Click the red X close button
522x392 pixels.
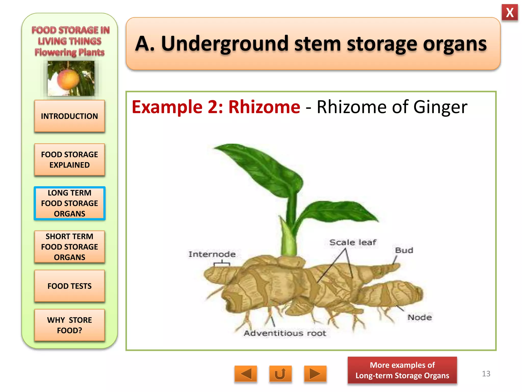click(x=510, y=13)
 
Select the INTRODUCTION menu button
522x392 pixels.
click(x=69, y=116)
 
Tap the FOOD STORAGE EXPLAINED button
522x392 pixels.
click(x=69, y=160)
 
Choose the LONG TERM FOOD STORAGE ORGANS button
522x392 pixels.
click(x=69, y=203)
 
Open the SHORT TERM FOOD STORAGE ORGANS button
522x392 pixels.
click(x=69, y=247)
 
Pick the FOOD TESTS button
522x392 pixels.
click(x=69, y=286)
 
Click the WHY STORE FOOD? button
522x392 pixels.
click(x=69, y=325)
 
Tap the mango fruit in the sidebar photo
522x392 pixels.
click(x=68, y=79)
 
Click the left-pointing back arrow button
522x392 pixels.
click(x=246, y=374)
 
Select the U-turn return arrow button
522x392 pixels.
click(x=280, y=374)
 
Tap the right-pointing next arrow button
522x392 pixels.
click(x=315, y=374)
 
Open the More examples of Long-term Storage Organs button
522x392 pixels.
click(x=402, y=370)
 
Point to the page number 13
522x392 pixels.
click(x=486, y=374)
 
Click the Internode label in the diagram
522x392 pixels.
click(x=212, y=254)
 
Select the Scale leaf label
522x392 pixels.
click(x=353, y=242)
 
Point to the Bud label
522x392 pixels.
click(x=404, y=250)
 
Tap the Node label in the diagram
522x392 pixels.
click(x=420, y=317)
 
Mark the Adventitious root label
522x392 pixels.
click(x=285, y=333)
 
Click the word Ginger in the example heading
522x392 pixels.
click(x=440, y=107)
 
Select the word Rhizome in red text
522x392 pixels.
click(x=264, y=107)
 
